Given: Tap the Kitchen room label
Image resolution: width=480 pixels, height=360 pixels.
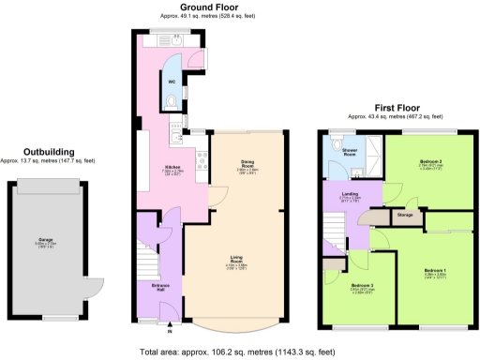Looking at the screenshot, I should [x=146, y=169].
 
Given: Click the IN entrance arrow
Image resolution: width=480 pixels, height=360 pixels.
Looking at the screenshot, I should [x=171, y=329].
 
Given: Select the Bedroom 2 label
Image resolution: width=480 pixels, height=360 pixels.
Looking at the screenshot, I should [x=430, y=162].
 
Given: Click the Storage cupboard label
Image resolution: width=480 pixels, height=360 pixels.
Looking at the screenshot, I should [x=404, y=216].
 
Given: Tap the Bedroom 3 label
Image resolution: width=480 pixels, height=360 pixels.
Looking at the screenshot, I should [x=363, y=285].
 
